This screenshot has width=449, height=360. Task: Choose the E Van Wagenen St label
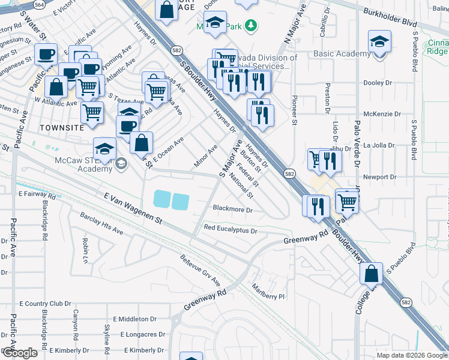(133, 208)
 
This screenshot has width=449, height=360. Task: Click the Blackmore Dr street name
(233, 209)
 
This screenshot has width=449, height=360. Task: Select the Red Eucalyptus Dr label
(231, 229)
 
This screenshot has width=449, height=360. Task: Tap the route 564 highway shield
(39, 4)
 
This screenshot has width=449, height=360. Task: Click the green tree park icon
(253, 26)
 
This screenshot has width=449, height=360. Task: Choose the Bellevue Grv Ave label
(199, 269)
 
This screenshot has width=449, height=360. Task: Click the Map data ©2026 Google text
(411, 355)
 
